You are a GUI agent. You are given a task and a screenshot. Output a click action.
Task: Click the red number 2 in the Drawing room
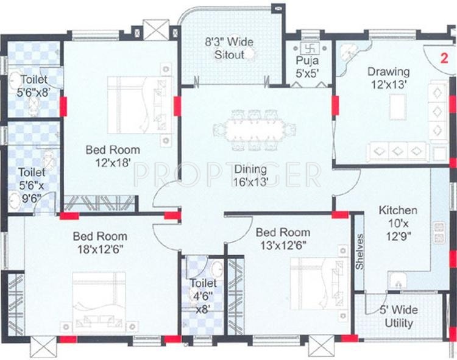tap(444, 58)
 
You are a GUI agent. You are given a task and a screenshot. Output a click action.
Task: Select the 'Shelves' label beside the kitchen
tap(360, 252)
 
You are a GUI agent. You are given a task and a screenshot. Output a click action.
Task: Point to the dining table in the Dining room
tap(254, 130)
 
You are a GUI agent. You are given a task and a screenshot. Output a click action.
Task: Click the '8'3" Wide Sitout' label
tap(229, 48)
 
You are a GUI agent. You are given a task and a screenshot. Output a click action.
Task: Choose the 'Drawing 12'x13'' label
tap(389, 78)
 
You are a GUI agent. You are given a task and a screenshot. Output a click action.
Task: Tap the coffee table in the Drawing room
tap(397, 107)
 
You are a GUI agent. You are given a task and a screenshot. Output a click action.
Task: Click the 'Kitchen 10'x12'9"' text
tap(398, 223)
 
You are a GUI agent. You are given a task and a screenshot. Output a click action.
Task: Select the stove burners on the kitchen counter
tap(439, 233)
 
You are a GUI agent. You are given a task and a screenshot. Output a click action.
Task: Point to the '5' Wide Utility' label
tap(399, 316)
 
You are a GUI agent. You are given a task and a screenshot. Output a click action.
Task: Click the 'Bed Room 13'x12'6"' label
tap(283, 239)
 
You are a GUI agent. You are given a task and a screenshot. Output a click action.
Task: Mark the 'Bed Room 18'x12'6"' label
tap(100, 242)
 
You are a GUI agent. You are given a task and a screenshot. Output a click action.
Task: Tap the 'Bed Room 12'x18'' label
tap(113, 156)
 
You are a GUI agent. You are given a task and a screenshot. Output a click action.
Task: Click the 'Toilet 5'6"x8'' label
tap(34, 86)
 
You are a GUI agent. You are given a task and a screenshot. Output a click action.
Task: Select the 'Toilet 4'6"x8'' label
tap(203, 296)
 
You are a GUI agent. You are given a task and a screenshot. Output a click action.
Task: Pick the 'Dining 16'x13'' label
tap(250, 175)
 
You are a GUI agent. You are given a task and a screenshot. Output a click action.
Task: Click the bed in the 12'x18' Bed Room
tap(140, 105)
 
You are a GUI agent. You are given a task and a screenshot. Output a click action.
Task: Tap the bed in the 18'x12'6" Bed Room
tap(99, 300)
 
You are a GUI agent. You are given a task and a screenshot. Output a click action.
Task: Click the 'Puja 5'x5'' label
tap(307, 66)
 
